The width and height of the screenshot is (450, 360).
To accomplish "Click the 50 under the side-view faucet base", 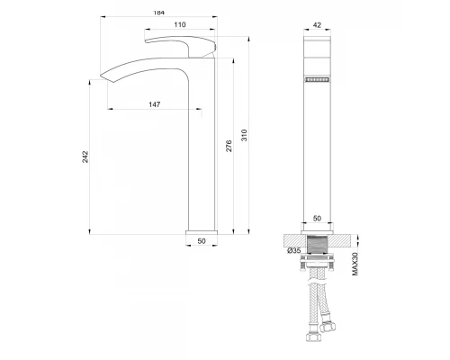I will click(201, 242).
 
